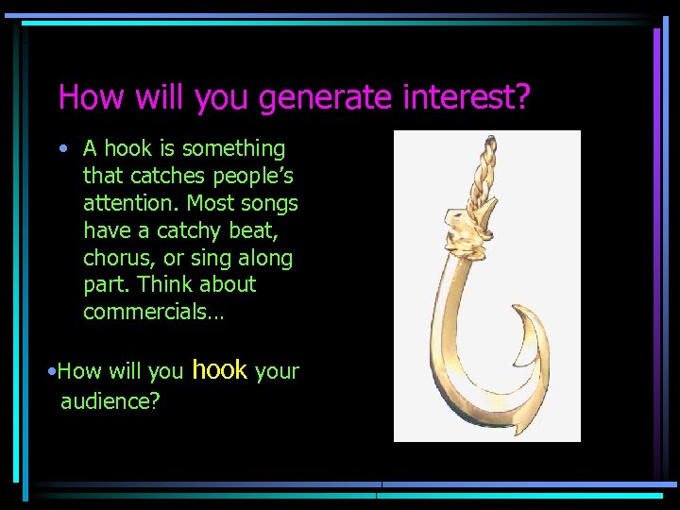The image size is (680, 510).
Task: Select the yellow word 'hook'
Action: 219,369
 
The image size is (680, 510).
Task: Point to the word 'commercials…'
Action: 153,312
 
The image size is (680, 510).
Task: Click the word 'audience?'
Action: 110,400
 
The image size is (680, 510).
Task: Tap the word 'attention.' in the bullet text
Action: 131,203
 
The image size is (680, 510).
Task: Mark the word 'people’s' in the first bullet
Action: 254,176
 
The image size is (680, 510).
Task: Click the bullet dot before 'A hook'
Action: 62,149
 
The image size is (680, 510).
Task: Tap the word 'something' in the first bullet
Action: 233,148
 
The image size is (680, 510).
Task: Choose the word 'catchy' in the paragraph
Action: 189,230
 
